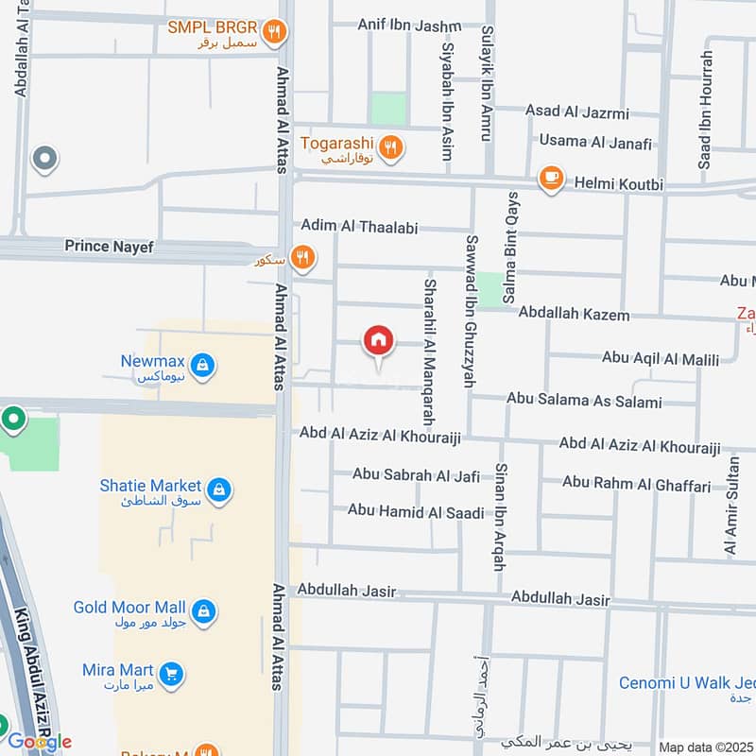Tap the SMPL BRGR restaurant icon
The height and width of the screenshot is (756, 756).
point(274,32)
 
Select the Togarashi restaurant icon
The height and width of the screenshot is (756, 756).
point(390,146)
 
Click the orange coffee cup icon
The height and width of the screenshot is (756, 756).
point(550,178)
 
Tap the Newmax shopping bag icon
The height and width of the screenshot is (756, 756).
point(201,364)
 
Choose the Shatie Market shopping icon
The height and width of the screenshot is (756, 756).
point(219,490)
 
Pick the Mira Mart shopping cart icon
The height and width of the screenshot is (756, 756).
point(170,674)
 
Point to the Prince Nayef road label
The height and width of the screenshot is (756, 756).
point(109,247)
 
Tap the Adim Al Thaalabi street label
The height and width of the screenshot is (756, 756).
point(359,226)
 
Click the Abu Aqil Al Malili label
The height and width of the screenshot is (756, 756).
point(661,358)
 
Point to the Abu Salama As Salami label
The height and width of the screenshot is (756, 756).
point(584,401)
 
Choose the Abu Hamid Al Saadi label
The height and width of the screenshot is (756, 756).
point(416,512)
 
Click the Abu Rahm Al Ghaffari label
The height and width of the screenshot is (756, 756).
point(636,484)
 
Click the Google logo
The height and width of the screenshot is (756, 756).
point(39,742)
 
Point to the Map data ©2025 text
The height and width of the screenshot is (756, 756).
point(706,747)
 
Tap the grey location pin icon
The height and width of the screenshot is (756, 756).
point(43,159)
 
